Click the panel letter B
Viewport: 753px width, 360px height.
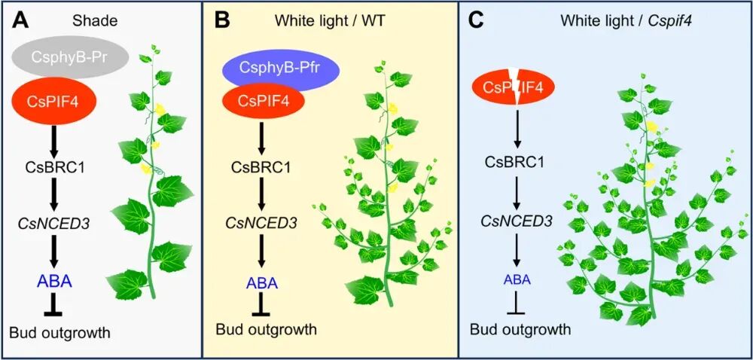pos(221,20)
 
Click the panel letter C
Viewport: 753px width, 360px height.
pos(476,20)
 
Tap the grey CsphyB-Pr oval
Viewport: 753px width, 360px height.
pos(70,57)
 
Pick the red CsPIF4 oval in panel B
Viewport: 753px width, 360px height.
pos(264,99)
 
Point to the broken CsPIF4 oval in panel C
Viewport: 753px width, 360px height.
pos(515,88)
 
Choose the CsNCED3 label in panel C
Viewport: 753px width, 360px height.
pos(516,221)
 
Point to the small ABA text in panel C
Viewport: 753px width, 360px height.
pos(517,278)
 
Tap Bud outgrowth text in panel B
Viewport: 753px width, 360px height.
pos(266,329)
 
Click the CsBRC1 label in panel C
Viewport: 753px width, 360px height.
pos(516,161)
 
